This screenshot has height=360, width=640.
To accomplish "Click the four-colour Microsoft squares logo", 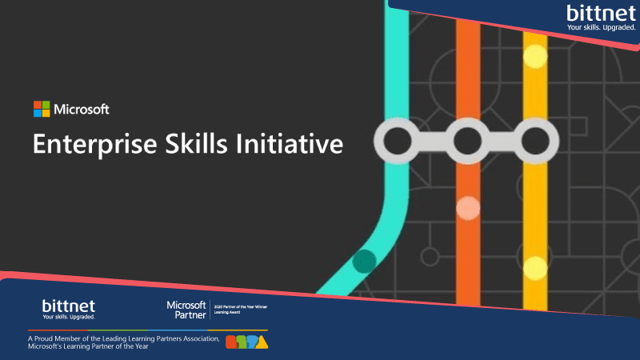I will click(42, 110).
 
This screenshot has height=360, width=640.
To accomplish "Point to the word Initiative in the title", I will click(295, 144).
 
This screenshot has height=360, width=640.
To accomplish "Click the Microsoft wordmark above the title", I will click(82, 110).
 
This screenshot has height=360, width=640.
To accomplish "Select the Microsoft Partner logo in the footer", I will click(186, 310).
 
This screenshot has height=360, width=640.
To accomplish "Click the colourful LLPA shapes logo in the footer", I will click(247, 342).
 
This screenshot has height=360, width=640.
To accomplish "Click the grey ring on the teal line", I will click(398, 142).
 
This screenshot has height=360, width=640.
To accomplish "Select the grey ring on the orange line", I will click(467, 142).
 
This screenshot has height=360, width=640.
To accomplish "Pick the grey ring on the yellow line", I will click(534, 142).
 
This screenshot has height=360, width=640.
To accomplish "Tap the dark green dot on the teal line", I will click(365, 261).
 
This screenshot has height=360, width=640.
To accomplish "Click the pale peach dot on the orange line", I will click(467, 209).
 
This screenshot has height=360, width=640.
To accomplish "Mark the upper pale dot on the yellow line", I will click(534, 56).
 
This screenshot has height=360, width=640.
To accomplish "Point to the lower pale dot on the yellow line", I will click(534, 266).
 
